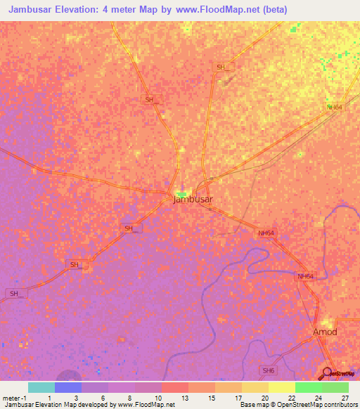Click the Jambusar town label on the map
tap(193, 199)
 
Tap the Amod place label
tap(324, 332)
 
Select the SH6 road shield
tap(268, 370)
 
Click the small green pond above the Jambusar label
tap(182, 194)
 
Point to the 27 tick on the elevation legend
tap(345, 398)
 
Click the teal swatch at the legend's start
tap(41, 387)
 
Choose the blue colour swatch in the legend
tap(67, 387)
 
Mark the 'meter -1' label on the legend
tap(15, 398)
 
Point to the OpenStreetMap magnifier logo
tap(327, 373)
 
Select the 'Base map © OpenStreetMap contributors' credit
tap(298, 405)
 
